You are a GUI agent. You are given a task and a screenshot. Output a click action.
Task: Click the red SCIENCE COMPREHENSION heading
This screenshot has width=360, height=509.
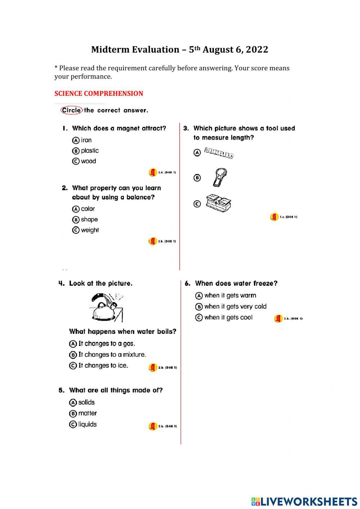(99, 93)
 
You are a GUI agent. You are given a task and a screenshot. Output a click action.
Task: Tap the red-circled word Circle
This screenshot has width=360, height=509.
(71, 110)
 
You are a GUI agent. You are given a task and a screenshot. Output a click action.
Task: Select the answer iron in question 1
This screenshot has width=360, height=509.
(86, 140)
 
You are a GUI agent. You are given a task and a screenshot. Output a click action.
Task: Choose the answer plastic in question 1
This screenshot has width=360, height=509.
(89, 151)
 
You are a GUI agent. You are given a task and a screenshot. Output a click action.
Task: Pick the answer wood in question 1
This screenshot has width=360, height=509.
(88, 161)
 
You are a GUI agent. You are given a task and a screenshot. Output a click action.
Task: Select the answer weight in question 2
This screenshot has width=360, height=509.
(89, 230)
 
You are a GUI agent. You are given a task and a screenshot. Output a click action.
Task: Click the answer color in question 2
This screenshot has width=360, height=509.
(87, 209)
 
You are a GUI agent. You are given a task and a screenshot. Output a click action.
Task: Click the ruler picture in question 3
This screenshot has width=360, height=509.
(219, 153)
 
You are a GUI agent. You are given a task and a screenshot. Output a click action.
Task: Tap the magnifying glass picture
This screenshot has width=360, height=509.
(219, 177)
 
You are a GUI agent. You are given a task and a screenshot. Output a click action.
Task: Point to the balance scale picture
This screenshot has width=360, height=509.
(219, 203)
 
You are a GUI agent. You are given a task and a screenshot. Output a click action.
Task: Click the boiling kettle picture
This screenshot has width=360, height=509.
(106, 307)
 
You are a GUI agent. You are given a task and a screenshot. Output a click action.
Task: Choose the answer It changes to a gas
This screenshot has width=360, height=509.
(106, 343)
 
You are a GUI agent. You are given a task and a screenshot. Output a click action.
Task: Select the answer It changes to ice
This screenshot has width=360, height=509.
(103, 365)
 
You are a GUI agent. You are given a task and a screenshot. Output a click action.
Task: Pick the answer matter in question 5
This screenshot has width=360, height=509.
(87, 413)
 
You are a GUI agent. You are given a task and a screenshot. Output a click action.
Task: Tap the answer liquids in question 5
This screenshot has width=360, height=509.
(87, 424)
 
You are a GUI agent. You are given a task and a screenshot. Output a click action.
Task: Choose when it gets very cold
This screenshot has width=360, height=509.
(235, 306)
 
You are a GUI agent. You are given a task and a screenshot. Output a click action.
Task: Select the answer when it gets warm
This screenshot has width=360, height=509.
(230, 295)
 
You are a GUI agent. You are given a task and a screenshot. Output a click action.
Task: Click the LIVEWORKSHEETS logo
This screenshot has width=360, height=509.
(304, 501)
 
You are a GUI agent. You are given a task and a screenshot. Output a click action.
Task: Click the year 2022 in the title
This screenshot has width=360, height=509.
(257, 49)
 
